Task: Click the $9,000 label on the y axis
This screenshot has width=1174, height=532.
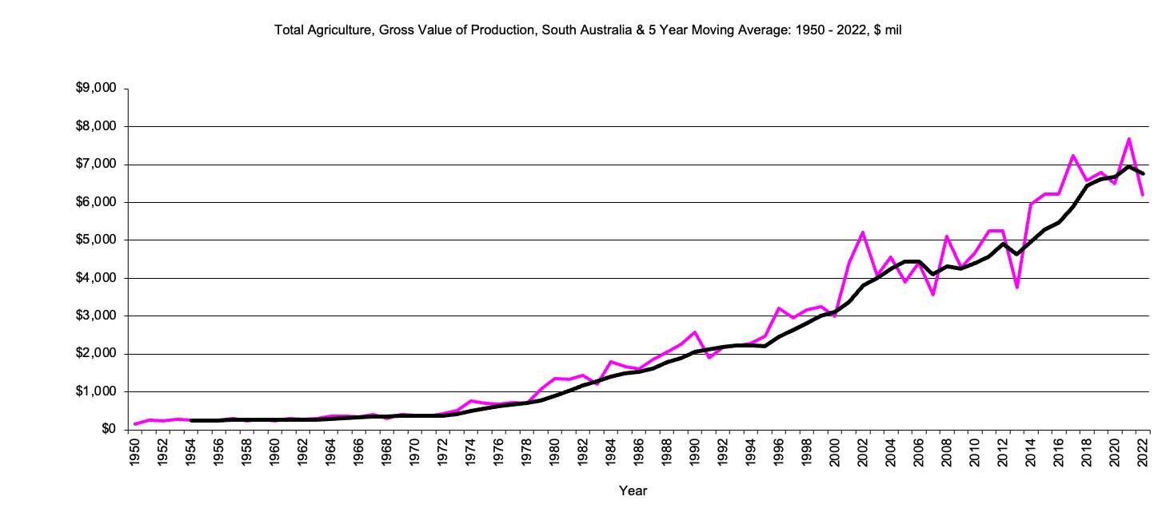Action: pos(97,89)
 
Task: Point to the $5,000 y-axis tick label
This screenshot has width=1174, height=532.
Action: pos(97,240)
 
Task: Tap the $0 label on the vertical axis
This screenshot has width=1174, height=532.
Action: pos(109,430)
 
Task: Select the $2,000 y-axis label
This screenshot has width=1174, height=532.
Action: pos(97,354)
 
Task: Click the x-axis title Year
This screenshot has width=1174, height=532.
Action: pos(633,491)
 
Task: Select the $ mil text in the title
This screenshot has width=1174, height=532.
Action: pos(888,30)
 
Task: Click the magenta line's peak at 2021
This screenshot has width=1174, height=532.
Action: pos(1128,139)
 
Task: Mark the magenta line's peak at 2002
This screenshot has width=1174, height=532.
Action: pos(862,232)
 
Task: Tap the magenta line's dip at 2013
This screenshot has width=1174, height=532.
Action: pos(1016,287)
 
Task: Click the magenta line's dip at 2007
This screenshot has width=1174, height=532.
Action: pos(932,295)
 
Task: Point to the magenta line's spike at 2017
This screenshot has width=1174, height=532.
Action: pos(1072,156)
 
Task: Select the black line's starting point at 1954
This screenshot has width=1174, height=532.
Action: pos(191,420)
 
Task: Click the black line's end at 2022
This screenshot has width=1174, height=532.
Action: pos(1143,173)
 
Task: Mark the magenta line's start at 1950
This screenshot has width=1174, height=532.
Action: pos(134,424)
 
